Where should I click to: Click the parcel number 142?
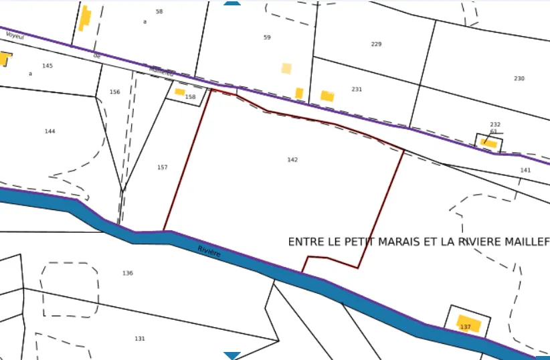(x=292, y=160)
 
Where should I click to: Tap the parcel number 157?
(x=163, y=167)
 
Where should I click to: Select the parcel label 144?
(x=50, y=131)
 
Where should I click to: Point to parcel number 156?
(x=115, y=92)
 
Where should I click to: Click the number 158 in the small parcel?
(x=191, y=98)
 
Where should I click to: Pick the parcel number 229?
(x=376, y=44)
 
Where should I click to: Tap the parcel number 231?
(x=357, y=89)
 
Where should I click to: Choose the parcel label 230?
(x=519, y=79)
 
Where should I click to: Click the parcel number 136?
(x=128, y=273)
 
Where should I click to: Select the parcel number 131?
(x=140, y=339)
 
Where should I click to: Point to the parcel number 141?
(x=525, y=170)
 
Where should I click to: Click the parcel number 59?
(x=267, y=37)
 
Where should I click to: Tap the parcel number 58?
(x=159, y=12)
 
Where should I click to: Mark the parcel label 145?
(x=48, y=66)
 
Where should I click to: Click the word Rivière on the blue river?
(x=209, y=252)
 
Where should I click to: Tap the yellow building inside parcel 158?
(x=179, y=92)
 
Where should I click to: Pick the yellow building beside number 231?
(x=327, y=96)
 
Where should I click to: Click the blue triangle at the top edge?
(x=232, y=3)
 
